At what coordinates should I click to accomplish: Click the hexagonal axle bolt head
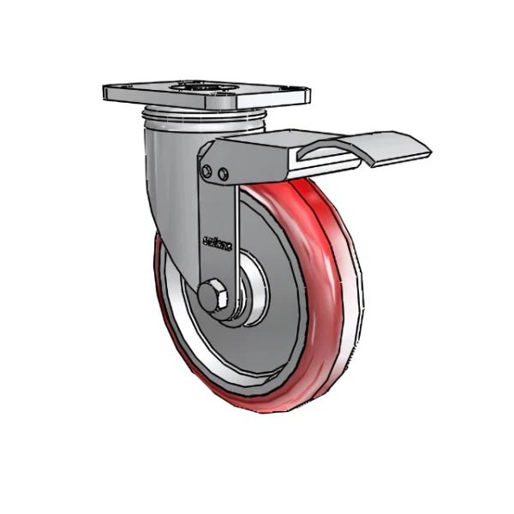(211, 297)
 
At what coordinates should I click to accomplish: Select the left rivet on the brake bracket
(206, 171)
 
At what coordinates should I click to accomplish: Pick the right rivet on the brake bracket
(224, 174)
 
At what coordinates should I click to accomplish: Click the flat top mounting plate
(206, 93)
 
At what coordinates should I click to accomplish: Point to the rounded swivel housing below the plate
(171, 163)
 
